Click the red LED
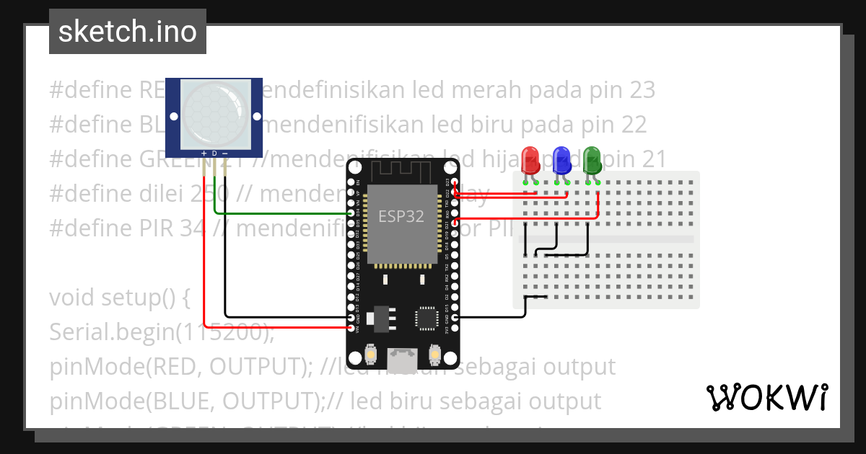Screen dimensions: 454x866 coord(530,160)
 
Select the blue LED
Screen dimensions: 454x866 coord(561,160)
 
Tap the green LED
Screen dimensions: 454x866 coord(592,160)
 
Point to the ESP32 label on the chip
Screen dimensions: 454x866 coord(401,216)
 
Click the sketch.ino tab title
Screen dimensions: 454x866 coord(128,32)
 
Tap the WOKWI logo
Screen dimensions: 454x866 coord(766,397)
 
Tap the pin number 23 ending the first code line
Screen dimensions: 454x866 coord(642,90)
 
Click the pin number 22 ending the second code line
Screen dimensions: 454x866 coord(633,125)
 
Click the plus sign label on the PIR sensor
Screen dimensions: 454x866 coord(204,153)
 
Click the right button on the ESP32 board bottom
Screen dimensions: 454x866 coord(434,355)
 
